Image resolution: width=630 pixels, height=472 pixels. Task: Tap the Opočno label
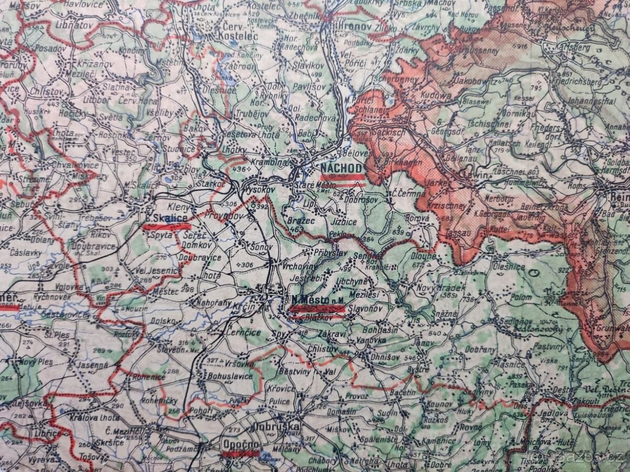tap(240, 444)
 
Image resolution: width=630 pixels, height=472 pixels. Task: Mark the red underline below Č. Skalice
tap(167, 227)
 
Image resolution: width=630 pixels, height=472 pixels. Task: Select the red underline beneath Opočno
tap(241, 453)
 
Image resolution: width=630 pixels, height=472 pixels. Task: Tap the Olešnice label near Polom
tap(508, 266)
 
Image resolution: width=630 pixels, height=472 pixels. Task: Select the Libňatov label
tap(60, 25)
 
